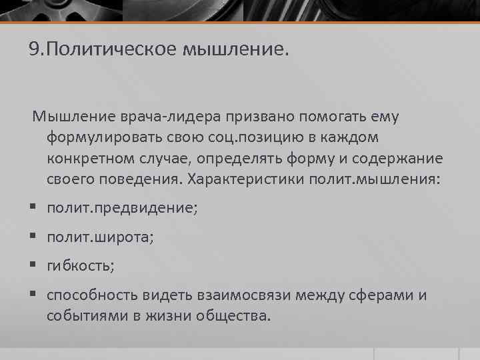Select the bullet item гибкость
coord(80,265)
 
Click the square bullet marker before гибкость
coord(34,265)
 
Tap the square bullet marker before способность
coord(34,295)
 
